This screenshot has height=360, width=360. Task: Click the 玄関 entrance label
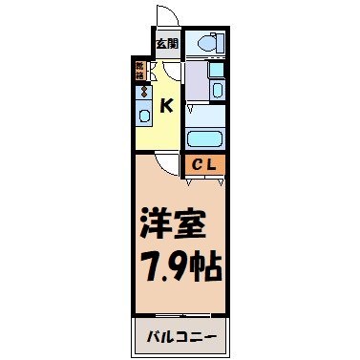[166, 43]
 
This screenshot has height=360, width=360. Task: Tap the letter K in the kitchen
[166, 105]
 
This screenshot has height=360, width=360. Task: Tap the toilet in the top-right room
[205, 43]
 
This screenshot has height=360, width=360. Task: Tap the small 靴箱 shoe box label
[139, 70]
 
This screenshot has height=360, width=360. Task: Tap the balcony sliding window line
[179, 313]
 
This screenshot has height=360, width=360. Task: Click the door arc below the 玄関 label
[166, 73]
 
